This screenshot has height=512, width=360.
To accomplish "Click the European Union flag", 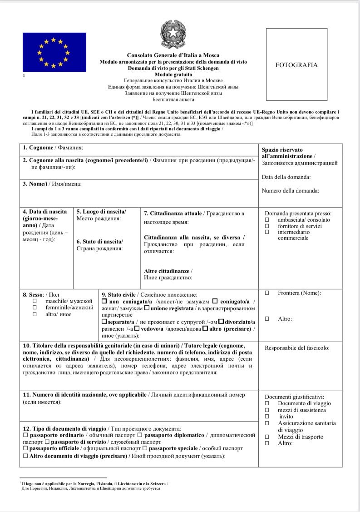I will click(x=54, y=53).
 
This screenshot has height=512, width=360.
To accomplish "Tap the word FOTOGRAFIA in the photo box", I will click(x=296, y=65).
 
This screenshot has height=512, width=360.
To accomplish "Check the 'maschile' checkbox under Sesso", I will click(x=35, y=301).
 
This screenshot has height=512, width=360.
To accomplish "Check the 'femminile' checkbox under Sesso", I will click(x=35, y=308).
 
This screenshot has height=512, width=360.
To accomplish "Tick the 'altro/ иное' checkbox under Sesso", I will click(x=35, y=314).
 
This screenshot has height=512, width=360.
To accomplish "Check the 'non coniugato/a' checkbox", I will click(x=104, y=301).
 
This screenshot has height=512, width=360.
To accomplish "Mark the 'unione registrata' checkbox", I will click(x=147, y=308).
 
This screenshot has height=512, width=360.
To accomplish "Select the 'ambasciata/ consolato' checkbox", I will click(x=267, y=220).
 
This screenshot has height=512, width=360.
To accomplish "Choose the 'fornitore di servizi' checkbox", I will click(x=267, y=226).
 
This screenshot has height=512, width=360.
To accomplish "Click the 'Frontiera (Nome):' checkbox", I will click(x=267, y=293).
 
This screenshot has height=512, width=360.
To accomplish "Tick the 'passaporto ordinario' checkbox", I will click(x=25, y=435).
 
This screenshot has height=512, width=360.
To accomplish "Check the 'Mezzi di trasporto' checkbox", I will click(x=267, y=437).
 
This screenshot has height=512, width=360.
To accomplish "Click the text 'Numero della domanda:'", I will click(x=290, y=191).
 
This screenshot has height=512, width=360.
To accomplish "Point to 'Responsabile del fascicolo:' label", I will click(x=297, y=348).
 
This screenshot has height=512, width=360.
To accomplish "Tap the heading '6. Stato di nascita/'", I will click(x=99, y=241).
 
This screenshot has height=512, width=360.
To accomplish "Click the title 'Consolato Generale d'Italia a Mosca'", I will click(x=173, y=55).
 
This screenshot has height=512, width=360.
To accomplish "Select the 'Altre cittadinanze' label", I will click(x=168, y=271).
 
